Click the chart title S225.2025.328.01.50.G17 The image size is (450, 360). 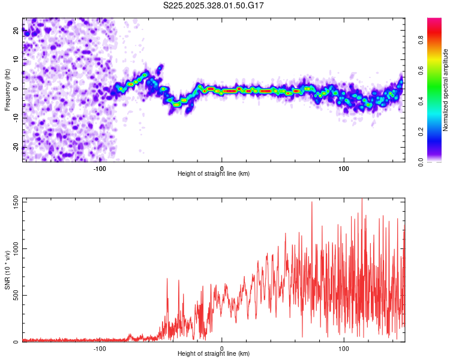pyautogui.click(x=214, y=5)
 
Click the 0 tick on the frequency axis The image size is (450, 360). pyautogui.click(x=16, y=89)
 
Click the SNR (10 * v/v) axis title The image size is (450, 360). pyautogui.click(x=7, y=272)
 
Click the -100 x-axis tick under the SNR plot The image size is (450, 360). pyautogui.click(x=100, y=348)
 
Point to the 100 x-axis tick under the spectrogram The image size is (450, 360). pyautogui.click(x=344, y=169)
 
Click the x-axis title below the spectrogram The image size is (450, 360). pyautogui.click(x=214, y=174)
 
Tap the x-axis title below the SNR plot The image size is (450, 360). pyautogui.click(x=214, y=354)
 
